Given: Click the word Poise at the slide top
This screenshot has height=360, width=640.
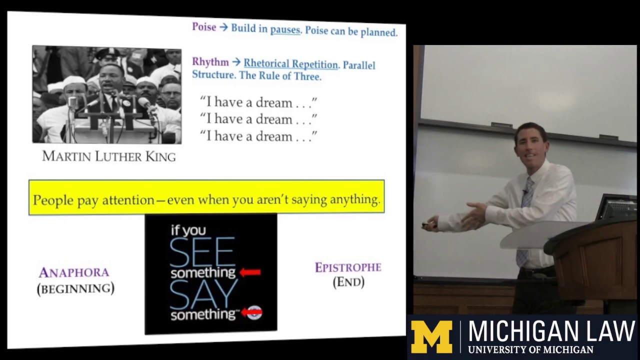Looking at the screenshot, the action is tap(204, 27).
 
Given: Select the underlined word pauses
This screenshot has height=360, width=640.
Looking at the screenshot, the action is tap(285, 29).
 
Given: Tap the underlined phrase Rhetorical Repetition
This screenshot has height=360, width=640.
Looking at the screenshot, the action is tap(290, 64).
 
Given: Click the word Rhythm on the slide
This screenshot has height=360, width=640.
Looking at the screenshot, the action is tap(210, 61).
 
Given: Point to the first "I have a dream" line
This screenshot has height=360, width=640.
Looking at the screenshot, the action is tap(258, 102).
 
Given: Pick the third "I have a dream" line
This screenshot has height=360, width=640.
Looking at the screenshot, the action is tap(258, 136).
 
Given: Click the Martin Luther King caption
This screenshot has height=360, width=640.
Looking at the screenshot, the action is tap(109, 156).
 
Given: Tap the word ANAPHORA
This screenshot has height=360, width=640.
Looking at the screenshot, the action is tap(74, 272).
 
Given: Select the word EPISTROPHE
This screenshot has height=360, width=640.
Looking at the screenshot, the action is tap(348, 267).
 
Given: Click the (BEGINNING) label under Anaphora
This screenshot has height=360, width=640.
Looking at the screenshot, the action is tap(75, 288).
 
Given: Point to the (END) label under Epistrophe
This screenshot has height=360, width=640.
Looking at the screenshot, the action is tap(348, 282).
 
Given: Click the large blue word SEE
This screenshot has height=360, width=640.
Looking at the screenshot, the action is tap(202, 252).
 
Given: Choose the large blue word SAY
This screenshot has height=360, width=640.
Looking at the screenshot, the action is tap(203, 294).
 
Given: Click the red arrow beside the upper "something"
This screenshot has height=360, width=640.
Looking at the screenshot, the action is tap(250, 272).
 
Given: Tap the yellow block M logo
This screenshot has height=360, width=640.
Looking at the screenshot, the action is tap(431, 337).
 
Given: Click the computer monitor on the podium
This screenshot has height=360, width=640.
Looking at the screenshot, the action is tap(617, 207).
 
